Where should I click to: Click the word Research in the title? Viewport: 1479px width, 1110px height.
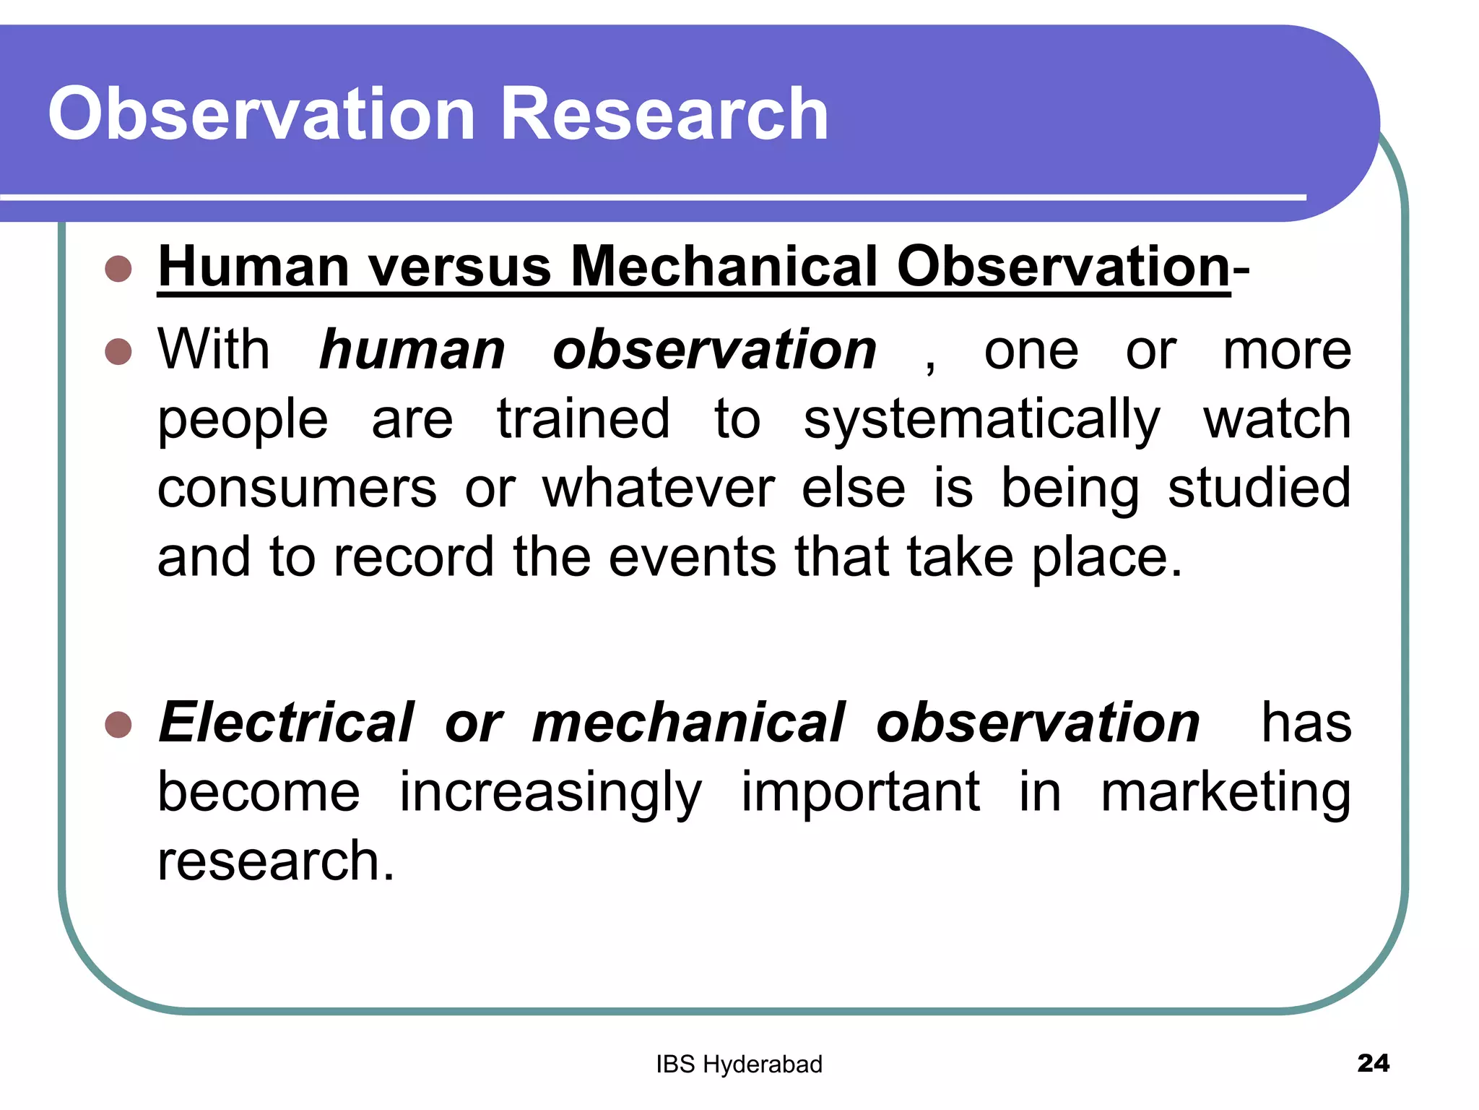664,114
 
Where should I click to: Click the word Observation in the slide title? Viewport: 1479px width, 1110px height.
261,114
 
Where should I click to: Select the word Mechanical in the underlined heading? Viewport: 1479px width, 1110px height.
724,267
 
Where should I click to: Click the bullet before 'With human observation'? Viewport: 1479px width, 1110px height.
118,352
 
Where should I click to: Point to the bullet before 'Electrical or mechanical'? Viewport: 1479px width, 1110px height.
118,724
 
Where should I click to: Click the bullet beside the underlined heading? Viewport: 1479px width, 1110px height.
118,269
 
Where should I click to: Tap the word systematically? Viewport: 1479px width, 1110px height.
981,421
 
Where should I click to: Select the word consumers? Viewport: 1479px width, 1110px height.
297,489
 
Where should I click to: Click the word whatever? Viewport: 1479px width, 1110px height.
659,489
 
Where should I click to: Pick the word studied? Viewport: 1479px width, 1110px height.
1259,489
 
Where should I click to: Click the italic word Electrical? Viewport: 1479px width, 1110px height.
286,723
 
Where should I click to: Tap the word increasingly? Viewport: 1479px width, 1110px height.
550,793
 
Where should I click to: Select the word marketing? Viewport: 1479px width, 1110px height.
1226,793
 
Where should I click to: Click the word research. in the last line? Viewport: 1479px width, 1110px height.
276,861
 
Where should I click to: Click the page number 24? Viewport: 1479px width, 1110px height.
1373,1063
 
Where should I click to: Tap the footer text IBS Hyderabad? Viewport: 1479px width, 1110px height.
739,1064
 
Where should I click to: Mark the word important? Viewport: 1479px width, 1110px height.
861,792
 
